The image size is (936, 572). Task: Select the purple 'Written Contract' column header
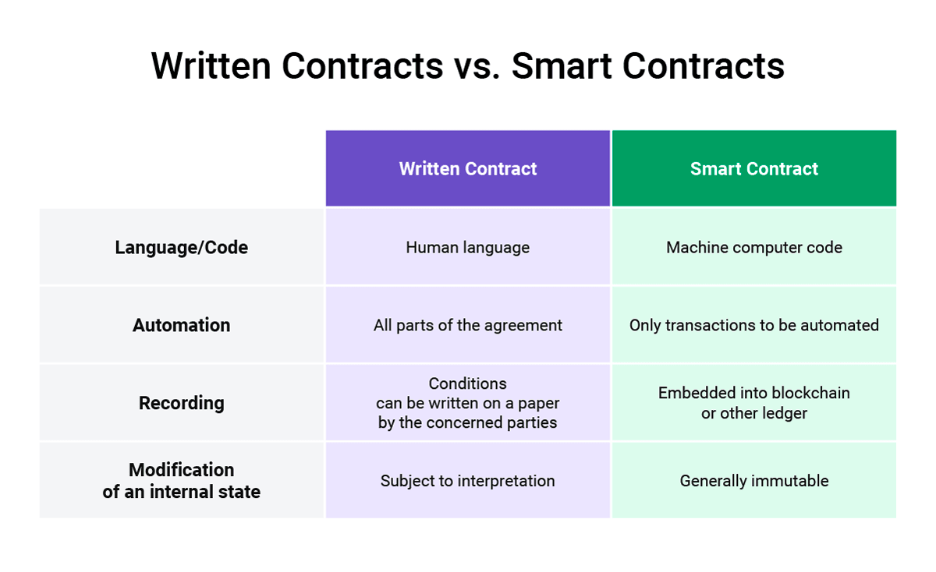pyautogui.click(x=468, y=169)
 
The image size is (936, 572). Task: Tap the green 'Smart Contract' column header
pyautogui.click(x=754, y=169)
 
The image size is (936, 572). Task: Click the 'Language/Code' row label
pyautogui.click(x=182, y=248)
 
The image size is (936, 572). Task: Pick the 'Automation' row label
pyautogui.click(x=182, y=325)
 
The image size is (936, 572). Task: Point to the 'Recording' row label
pyautogui.click(x=182, y=403)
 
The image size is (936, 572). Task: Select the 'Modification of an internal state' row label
pyautogui.click(x=182, y=481)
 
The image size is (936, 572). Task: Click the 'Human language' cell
pyautogui.click(x=468, y=248)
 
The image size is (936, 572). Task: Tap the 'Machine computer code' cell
pyautogui.click(x=754, y=248)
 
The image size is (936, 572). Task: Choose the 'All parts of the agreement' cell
pyautogui.click(x=468, y=325)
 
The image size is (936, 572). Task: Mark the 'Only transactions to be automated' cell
pyautogui.click(x=754, y=325)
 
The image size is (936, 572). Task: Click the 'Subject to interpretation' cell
pyautogui.click(x=468, y=481)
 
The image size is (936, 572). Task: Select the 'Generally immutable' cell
pyautogui.click(x=754, y=481)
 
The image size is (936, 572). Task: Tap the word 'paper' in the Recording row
pyautogui.click(x=538, y=404)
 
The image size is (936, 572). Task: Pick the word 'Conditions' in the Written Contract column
pyautogui.click(x=468, y=383)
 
